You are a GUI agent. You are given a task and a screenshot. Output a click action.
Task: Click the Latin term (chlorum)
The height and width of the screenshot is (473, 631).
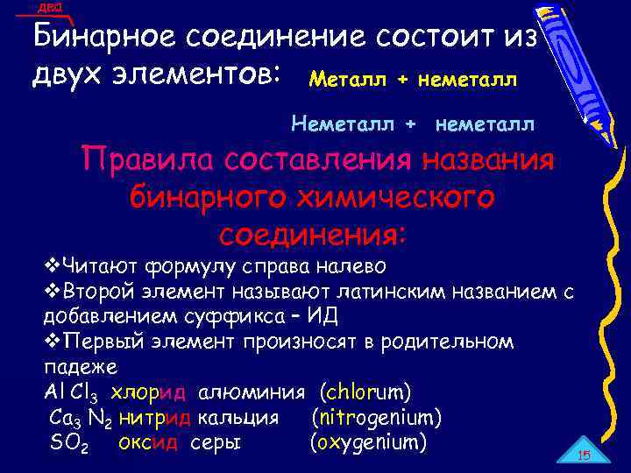click(366, 391)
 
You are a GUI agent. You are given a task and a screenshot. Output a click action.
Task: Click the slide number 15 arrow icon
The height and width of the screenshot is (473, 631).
click(584, 453)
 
